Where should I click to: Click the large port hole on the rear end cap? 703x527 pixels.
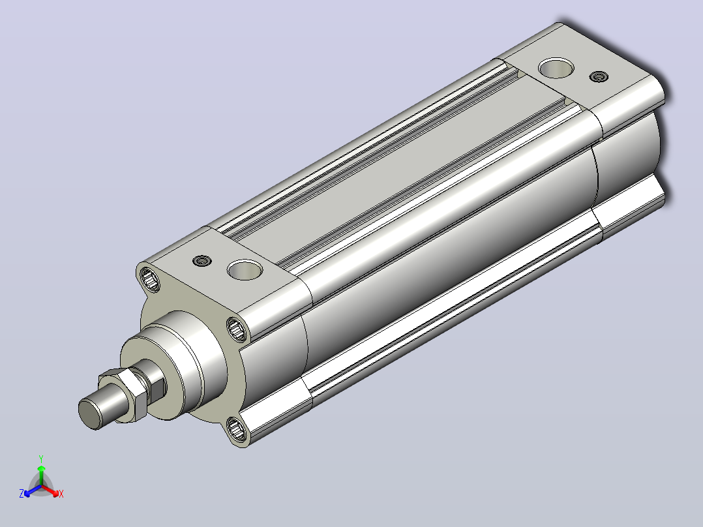[556, 68]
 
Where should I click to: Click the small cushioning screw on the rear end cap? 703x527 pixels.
[599, 77]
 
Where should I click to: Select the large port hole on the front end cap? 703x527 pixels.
[245, 269]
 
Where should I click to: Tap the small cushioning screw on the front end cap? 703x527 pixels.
[202, 261]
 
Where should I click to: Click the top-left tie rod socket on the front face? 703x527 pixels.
[150, 279]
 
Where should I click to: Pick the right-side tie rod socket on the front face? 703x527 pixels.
[236, 329]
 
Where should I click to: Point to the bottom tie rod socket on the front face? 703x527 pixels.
[236, 429]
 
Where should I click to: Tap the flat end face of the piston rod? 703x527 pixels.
[89, 413]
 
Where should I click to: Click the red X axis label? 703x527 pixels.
[61, 494]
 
